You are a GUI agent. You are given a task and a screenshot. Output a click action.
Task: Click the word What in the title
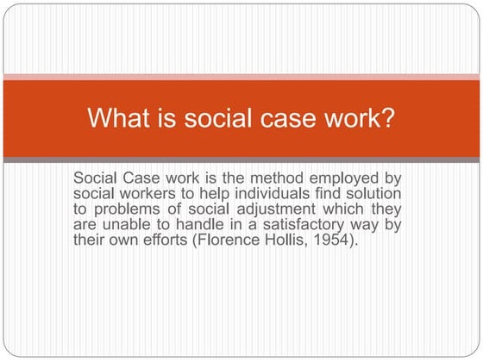point(116,118)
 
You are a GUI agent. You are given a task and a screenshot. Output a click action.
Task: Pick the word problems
point(128,209)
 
